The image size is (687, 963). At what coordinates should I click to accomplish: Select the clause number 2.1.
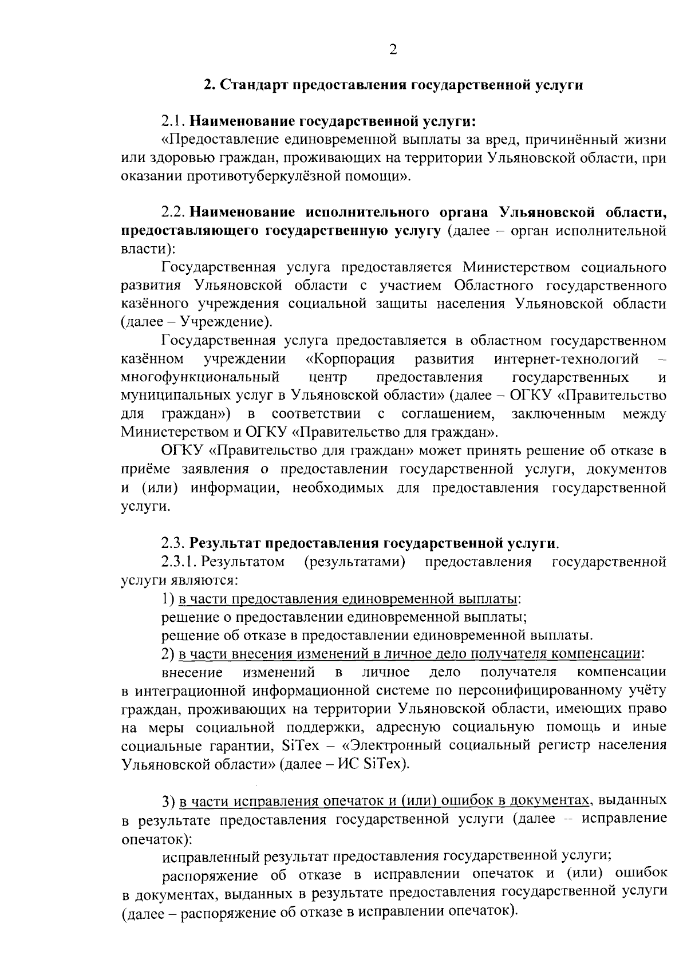(x=173, y=121)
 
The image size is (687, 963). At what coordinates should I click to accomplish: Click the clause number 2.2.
(x=173, y=212)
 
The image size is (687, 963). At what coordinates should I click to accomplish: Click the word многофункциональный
(x=200, y=377)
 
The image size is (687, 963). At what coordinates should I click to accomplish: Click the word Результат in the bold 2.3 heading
(x=226, y=543)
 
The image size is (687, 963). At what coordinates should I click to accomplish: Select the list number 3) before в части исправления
(x=168, y=800)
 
